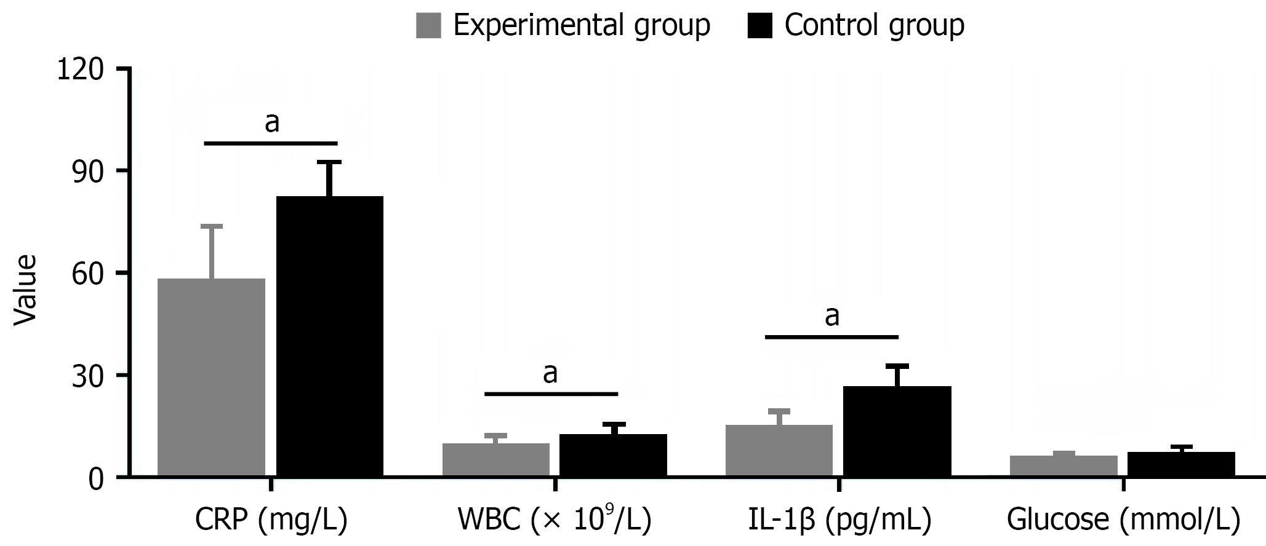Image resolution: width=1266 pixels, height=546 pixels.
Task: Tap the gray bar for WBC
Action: coord(495,459)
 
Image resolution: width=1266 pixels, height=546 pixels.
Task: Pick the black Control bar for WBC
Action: coord(613,455)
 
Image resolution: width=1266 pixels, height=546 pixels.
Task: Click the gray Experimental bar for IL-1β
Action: coord(779,450)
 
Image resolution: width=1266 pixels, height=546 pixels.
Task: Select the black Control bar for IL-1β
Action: coord(897,431)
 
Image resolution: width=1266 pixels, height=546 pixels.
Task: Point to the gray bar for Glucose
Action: coord(1064,465)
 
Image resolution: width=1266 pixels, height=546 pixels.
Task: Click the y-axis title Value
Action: coord(25,290)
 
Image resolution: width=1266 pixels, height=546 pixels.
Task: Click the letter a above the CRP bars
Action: coord(271,122)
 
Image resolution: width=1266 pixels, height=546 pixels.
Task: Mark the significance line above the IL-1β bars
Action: coord(831,337)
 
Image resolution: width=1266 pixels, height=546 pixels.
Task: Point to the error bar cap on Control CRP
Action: coord(329,162)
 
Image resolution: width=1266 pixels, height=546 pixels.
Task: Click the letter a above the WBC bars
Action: coord(550,373)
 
